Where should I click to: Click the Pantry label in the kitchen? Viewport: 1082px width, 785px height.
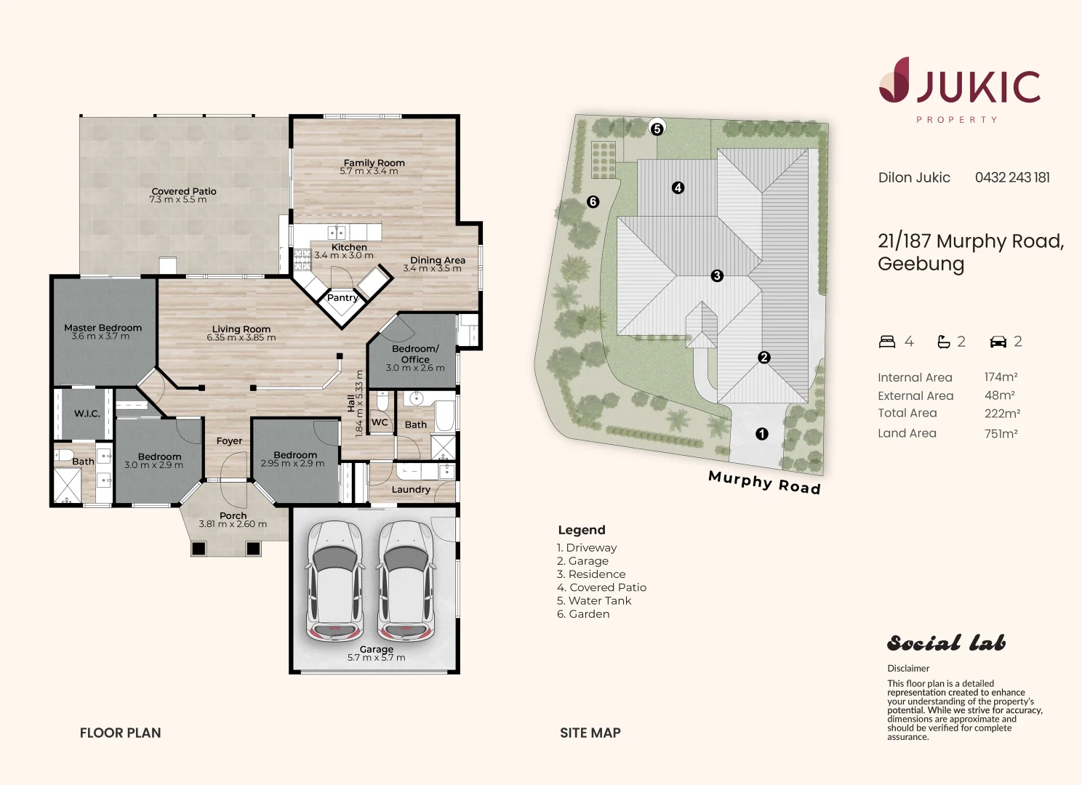click(342, 297)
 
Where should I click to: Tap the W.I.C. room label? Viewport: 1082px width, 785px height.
click(87, 414)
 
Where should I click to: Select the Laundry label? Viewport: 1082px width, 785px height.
click(411, 490)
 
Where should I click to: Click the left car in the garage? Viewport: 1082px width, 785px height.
click(334, 581)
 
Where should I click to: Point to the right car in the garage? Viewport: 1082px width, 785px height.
click(406, 581)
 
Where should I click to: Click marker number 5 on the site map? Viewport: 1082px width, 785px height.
click(657, 129)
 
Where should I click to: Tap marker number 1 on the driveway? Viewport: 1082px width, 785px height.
click(762, 434)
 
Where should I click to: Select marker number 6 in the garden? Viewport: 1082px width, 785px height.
click(593, 202)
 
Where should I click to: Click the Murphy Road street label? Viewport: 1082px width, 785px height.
click(764, 483)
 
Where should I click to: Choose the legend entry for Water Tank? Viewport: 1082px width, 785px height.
click(594, 601)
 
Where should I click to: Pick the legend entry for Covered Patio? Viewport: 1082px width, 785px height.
click(601, 587)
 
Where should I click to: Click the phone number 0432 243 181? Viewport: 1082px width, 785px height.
click(1012, 177)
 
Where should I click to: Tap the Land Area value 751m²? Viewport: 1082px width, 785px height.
click(1001, 433)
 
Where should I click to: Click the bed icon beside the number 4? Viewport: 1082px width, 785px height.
click(887, 342)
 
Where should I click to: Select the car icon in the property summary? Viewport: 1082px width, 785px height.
click(998, 342)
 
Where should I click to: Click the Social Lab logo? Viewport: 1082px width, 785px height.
click(946, 643)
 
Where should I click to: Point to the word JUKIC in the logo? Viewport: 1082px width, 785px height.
click(979, 87)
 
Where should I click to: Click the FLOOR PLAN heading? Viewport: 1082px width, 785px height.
click(120, 733)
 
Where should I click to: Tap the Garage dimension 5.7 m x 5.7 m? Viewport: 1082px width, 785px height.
click(376, 658)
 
